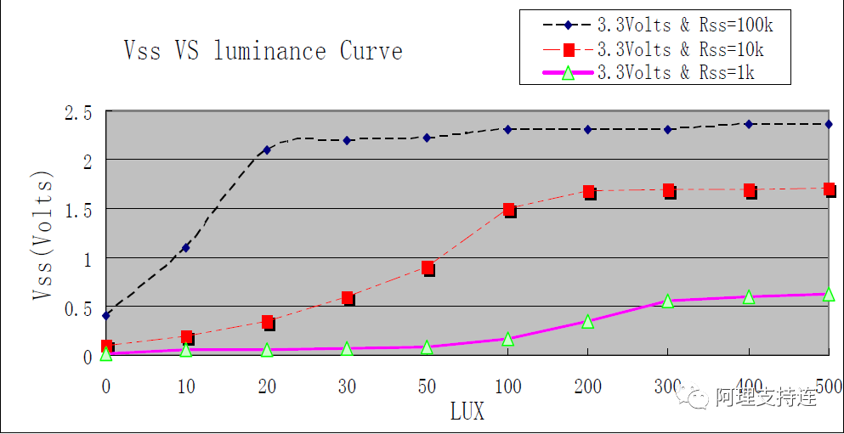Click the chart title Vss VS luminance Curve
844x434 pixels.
click(263, 52)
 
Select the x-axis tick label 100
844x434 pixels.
click(508, 387)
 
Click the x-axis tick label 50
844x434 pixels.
click(428, 387)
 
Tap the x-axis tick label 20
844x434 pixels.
click(267, 387)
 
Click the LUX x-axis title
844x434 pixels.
click(467, 413)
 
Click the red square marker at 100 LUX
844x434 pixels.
click(508, 209)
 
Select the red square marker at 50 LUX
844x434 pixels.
click(428, 268)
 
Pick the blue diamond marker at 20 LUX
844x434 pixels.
click(267, 149)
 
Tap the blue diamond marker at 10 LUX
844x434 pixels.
click(186, 248)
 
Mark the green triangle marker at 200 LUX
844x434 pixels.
click(588, 322)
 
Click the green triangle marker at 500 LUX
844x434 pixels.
click(829, 294)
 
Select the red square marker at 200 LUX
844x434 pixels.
click(588, 192)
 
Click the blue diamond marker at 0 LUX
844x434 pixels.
click(106, 316)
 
